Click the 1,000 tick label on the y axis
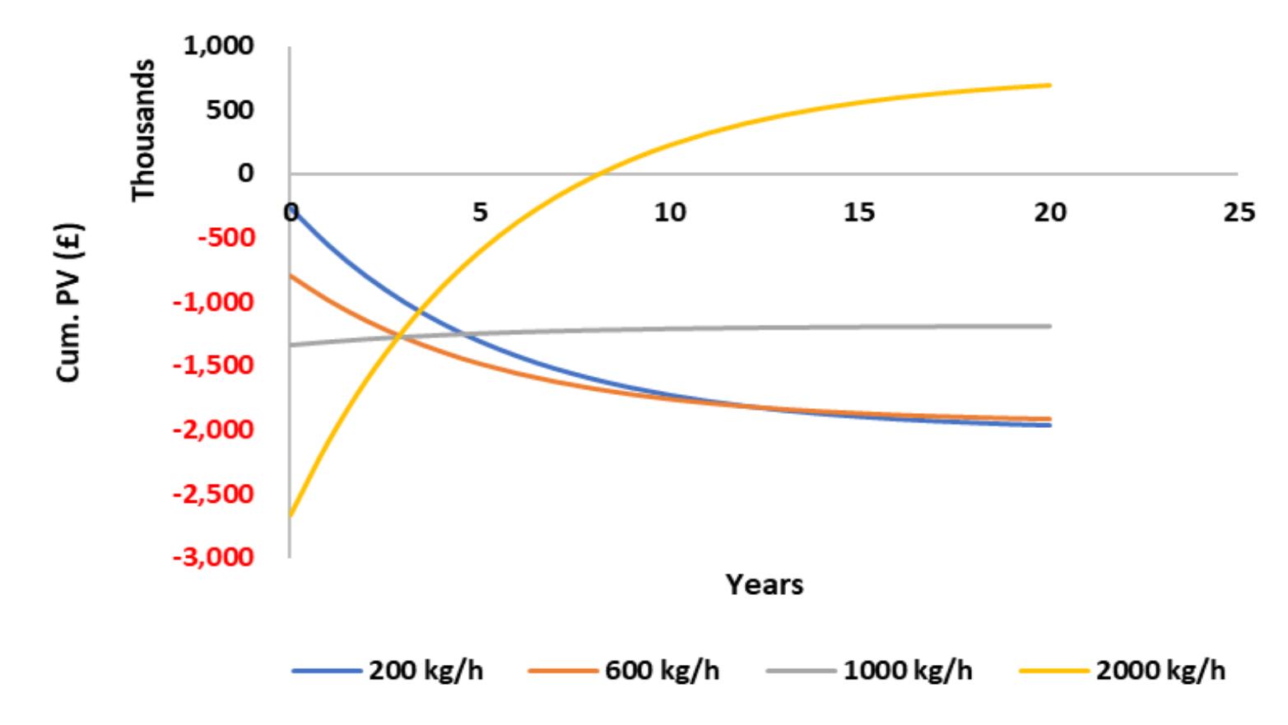coord(218,46)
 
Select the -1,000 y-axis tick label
coord(213,302)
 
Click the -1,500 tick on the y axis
coord(213,366)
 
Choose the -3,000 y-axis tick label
coord(213,558)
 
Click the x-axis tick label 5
coord(479,212)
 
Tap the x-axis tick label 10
coord(669,212)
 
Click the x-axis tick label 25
coord(1238,212)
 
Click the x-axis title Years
coord(764,585)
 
